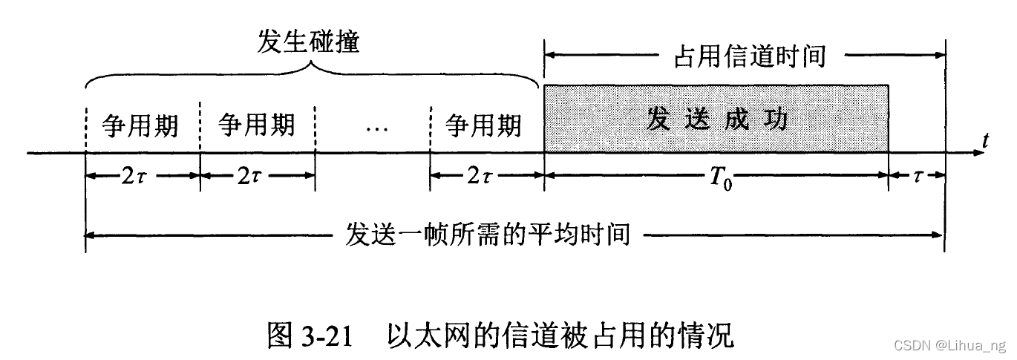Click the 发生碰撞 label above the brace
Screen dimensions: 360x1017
[308, 42]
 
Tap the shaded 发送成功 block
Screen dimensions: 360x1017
[716, 119]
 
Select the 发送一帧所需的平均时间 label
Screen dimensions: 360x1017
[488, 235]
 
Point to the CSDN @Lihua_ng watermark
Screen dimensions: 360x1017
[949, 345]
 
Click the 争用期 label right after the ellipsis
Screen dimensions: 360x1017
[483, 125]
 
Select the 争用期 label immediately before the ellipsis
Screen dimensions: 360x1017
[257, 125]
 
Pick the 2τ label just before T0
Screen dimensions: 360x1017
[486, 177]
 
